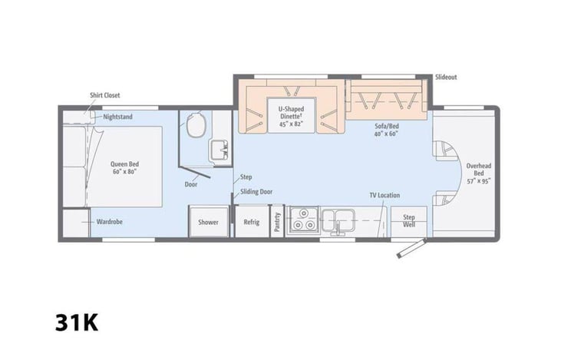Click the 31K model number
click(77, 322)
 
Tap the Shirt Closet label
click(105, 95)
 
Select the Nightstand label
click(117, 117)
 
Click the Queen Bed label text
click(124, 167)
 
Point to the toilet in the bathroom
click(196, 124)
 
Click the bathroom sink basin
click(219, 150)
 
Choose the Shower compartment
click(208, 222)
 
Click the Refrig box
click(252, 222)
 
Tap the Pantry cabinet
click(277, 222)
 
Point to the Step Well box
click(408, 221)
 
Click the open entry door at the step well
click(411, 248)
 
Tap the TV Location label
click(384, 195)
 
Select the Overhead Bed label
click(479, 173)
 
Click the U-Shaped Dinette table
click(291, 115)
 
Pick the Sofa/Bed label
click(386, 130)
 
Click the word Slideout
click(446, 77)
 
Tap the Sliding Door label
click(256, 191)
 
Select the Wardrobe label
click(110, 222)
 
